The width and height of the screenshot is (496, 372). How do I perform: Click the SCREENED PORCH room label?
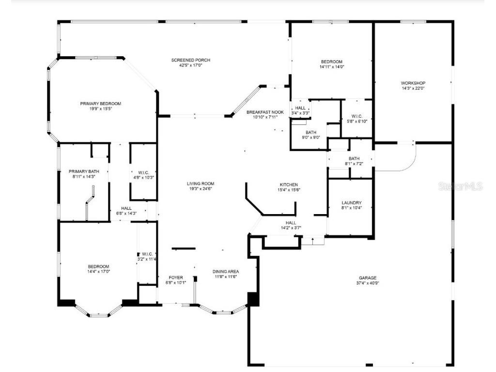[191, 60]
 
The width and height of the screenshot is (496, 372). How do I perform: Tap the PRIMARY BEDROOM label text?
[101, 103]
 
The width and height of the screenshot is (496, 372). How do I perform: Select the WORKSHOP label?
[413, 83]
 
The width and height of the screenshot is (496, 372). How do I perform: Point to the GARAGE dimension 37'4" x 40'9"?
[367, 283]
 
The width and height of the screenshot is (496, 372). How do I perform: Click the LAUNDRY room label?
[351, 202]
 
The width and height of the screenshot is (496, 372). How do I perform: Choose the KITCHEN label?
[288, 185]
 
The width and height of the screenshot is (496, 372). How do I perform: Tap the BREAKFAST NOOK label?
[265, 112]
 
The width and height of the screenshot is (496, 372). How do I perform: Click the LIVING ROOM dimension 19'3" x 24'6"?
[201, 189]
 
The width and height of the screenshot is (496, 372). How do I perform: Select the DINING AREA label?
[226, 271]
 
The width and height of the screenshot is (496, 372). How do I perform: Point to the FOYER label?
[176, 277]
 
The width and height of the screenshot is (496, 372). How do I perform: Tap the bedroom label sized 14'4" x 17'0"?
[98, 266]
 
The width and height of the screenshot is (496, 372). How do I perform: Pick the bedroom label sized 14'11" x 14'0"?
[331, 62]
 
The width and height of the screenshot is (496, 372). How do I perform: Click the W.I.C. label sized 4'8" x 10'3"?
[143, 172]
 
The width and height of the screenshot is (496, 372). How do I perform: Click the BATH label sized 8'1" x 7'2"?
[354, 158]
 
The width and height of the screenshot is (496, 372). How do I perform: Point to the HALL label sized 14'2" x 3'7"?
[291, 223]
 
